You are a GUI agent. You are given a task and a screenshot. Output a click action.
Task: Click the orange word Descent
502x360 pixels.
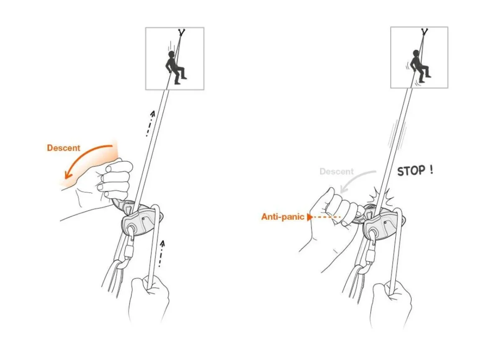coord(63,148)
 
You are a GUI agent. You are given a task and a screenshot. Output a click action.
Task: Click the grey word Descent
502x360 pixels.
coord(336,172)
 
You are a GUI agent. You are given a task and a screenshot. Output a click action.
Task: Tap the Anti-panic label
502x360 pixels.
coord(283,217)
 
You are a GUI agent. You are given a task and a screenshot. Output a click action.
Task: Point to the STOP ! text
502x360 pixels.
coord(415,171)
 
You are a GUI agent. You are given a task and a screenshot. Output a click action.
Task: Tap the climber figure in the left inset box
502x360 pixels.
coord(174,67)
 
